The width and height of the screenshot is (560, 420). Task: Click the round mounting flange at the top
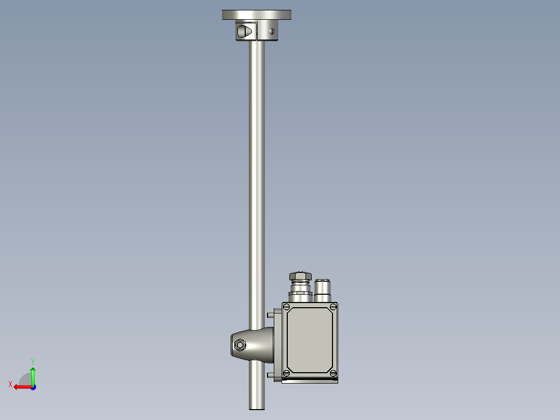257,15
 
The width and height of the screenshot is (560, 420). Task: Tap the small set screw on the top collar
271,31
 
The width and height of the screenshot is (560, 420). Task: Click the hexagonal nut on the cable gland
300,276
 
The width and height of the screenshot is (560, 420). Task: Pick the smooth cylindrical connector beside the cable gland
323,290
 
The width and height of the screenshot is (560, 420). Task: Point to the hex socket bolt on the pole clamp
240,345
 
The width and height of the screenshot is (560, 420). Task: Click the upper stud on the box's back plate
270,315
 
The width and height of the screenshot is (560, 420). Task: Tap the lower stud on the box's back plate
270,375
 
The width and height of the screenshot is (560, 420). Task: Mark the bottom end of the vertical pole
257,406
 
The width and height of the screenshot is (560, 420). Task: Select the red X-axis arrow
21,387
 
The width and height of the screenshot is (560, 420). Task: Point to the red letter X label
10,384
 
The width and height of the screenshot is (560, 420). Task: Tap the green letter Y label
33,361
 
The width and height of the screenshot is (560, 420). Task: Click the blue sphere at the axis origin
33,387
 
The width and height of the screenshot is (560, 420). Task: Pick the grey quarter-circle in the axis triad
25,379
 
